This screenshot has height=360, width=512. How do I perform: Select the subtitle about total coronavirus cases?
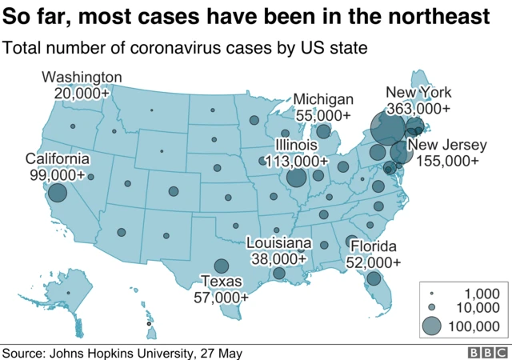pos(185,48)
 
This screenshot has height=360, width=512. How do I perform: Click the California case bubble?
pos(57,193)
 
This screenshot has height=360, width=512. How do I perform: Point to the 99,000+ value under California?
pos(54,174)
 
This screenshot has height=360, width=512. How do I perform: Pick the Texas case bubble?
pos(221,267)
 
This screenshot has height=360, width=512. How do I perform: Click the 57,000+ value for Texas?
pos(221,297)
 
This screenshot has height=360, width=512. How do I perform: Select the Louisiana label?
pos(278,243)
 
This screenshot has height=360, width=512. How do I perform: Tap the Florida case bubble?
pos(373,278)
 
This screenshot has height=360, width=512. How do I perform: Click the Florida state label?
pos(374,247)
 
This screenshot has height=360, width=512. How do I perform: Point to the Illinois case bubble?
pos(296,178)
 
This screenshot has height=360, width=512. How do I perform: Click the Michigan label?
pos(323,99)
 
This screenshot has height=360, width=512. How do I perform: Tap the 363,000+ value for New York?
pos(418,108)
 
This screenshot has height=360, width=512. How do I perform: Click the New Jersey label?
pos(447,146)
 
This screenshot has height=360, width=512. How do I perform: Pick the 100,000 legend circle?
pos(431,325)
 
